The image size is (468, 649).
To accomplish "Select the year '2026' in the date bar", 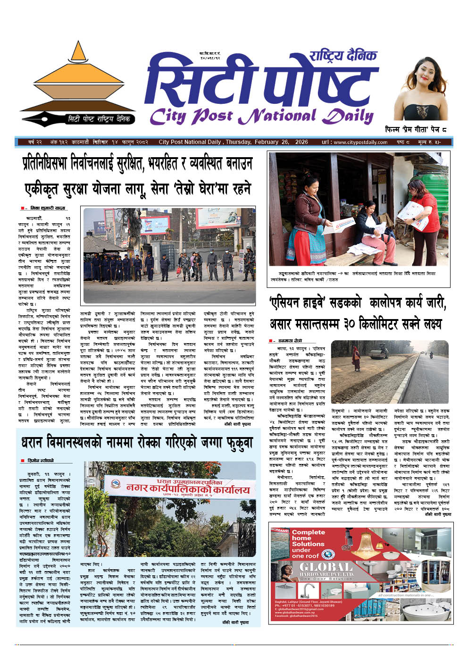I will pyautogui.click(x=301, y=142).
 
